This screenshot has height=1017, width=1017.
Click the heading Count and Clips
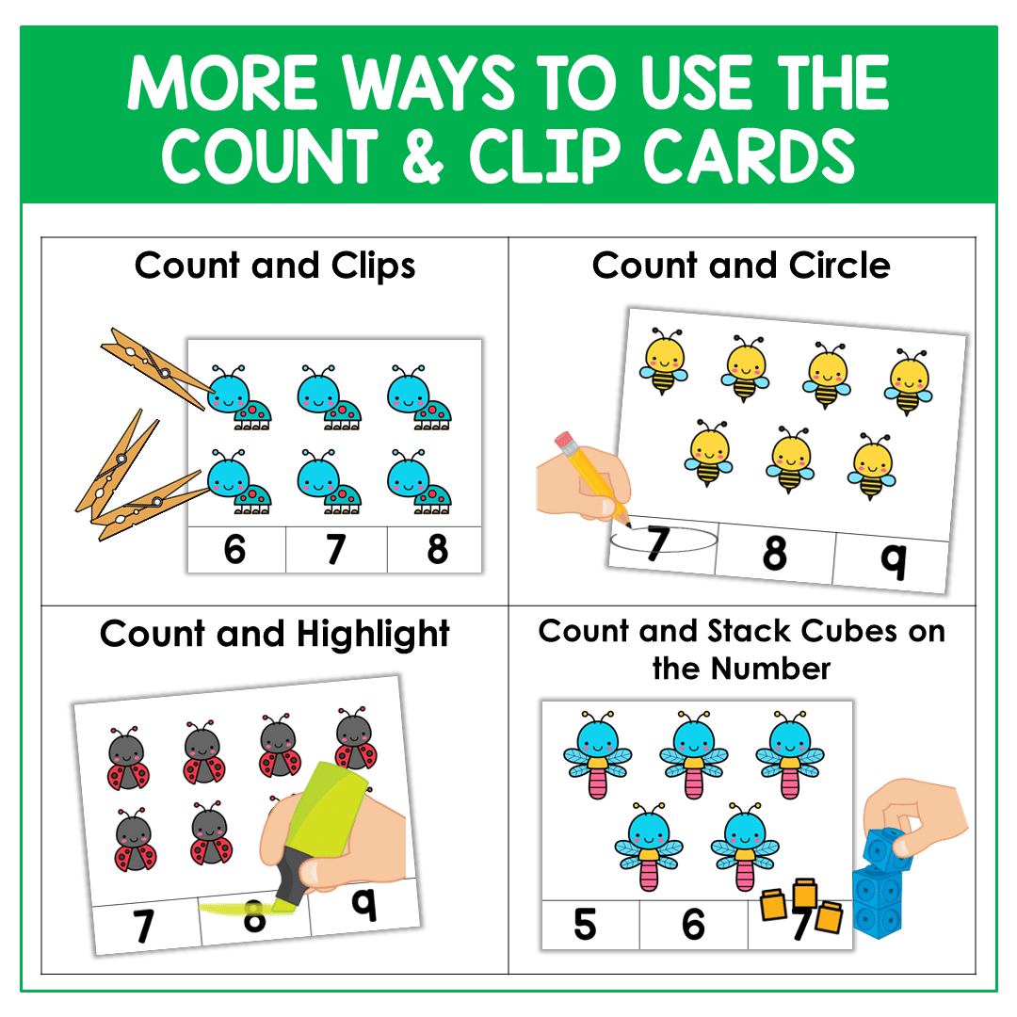[x=275, y=266]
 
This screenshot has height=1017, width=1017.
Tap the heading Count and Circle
[x=741, y=266]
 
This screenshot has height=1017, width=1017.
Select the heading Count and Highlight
[x=275, y=634]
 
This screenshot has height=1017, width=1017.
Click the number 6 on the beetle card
[x=235, y=550]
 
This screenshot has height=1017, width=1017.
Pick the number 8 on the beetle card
[x=437, y=550]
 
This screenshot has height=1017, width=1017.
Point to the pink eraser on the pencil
[x=564, y=440]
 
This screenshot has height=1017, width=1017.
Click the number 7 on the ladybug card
[x=143, y=927]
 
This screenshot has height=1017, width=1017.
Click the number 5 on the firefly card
[x=586, y=925]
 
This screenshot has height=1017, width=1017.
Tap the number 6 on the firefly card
[x=694, y=925]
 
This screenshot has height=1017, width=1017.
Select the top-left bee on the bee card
[x=665, y=361]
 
